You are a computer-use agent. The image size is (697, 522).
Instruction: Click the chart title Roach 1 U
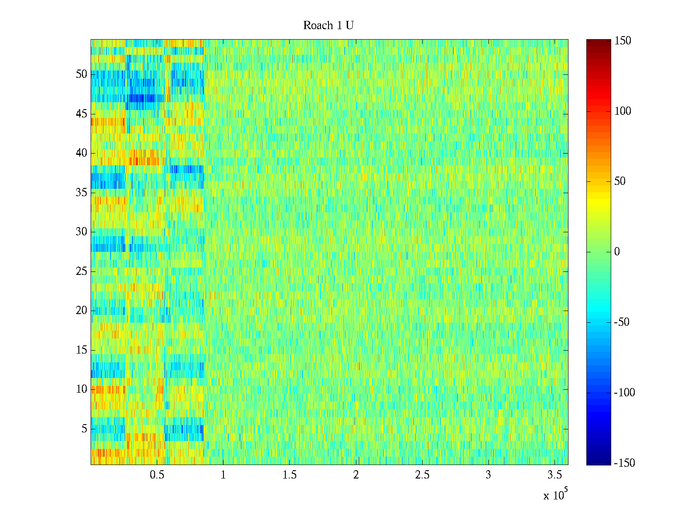328,26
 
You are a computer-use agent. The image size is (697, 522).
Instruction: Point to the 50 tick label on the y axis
81,74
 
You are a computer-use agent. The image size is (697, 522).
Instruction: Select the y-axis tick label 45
81,114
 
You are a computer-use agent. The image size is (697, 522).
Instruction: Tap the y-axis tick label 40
81,153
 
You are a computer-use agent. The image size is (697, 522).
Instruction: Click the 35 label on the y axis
81,193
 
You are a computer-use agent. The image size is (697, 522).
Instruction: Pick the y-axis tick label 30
81,232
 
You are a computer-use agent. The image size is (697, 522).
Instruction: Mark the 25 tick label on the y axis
81,271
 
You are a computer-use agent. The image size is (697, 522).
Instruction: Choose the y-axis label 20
81,311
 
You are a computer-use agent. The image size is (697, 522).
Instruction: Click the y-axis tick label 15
81,350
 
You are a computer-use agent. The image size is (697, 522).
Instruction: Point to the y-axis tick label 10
81,389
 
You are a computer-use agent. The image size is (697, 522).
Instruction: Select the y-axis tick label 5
84,429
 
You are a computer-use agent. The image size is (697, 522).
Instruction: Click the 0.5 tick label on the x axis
157,475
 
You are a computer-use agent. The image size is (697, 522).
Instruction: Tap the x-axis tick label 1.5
290,475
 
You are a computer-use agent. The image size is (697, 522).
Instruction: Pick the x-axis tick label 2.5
422,475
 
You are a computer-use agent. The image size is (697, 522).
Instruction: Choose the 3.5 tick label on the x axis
555,475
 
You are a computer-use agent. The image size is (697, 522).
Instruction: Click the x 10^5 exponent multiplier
555,495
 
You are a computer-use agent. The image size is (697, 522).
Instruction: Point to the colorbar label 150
623,41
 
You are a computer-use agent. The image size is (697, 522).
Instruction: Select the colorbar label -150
624,463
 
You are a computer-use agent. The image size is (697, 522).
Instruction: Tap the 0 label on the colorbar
617,252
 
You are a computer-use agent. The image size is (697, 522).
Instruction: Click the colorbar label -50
622,322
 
